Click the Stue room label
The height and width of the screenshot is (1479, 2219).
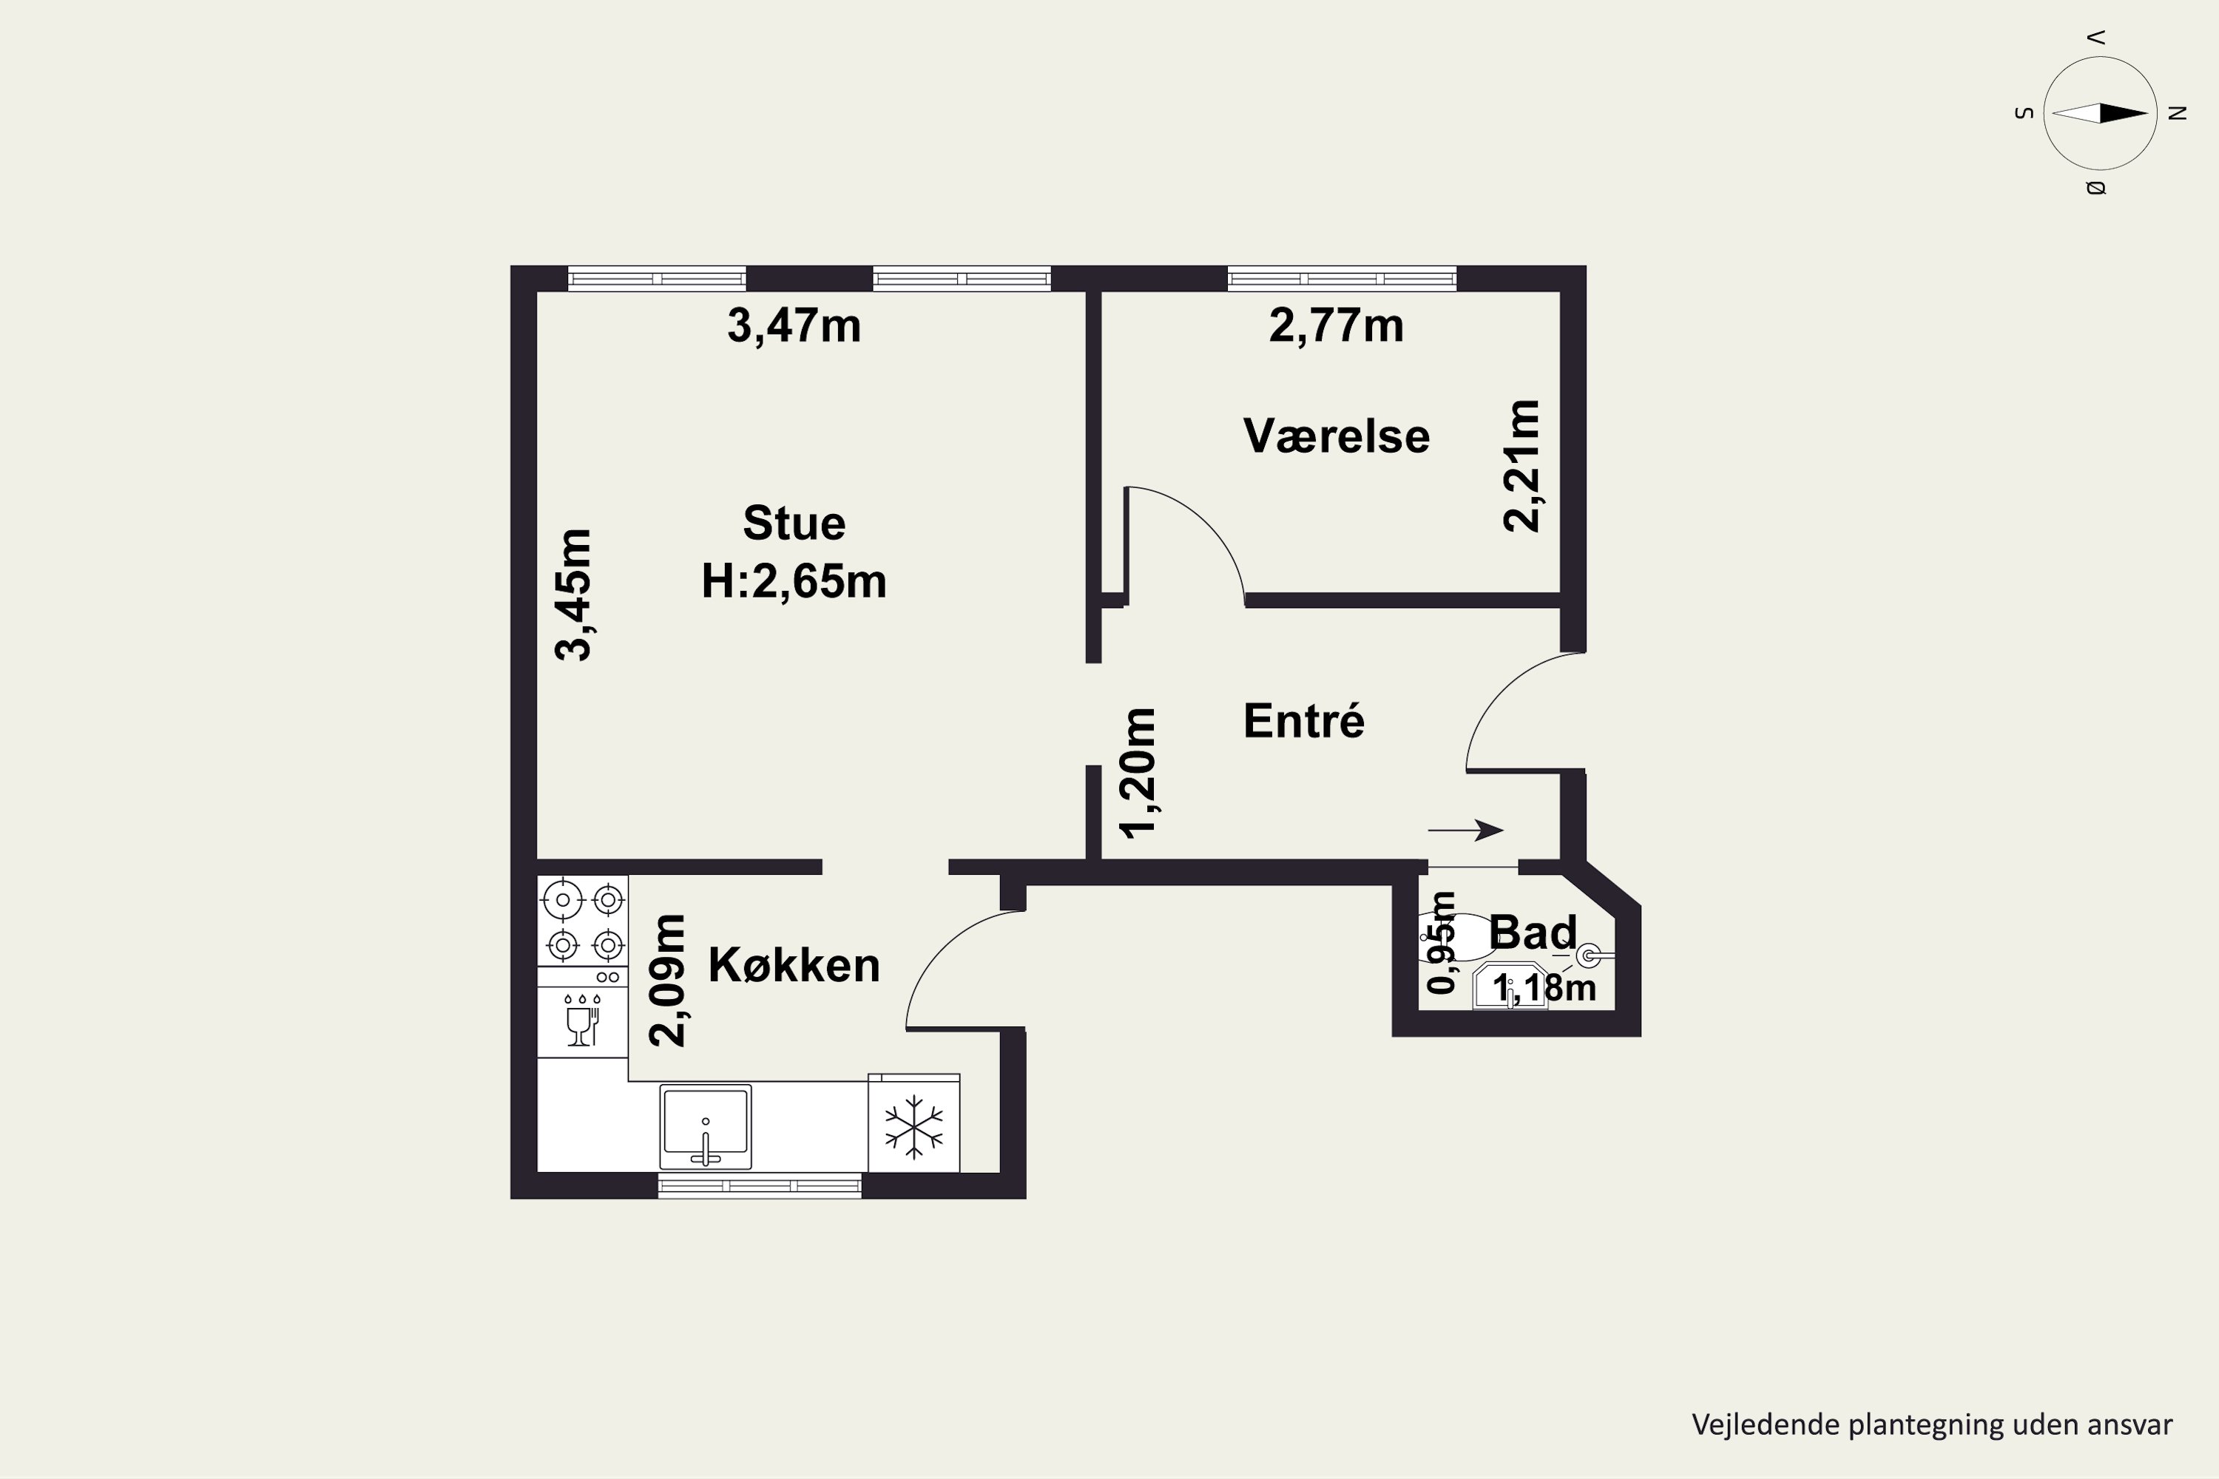794,524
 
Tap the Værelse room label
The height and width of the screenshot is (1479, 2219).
1336,436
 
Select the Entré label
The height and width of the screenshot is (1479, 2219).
1304,720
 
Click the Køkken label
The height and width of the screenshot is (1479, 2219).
794,965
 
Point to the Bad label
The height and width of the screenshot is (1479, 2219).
1532,933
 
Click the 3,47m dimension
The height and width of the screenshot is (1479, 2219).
794,326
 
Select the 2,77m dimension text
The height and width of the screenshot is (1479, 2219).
1336,326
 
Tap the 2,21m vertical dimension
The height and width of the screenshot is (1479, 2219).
1521,466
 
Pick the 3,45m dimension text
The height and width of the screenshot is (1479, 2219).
573,595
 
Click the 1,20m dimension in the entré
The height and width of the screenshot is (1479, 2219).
1136,773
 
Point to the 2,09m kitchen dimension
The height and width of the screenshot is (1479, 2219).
667,980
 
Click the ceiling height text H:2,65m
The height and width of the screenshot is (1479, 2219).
794,582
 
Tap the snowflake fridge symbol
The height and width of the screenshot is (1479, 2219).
913,1126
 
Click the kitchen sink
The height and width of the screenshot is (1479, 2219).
706,1126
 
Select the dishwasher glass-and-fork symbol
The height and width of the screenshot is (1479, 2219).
581,1021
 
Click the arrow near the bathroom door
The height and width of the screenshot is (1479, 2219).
1465,830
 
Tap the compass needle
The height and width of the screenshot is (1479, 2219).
2100,113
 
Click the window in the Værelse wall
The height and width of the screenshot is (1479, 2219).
1342,278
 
